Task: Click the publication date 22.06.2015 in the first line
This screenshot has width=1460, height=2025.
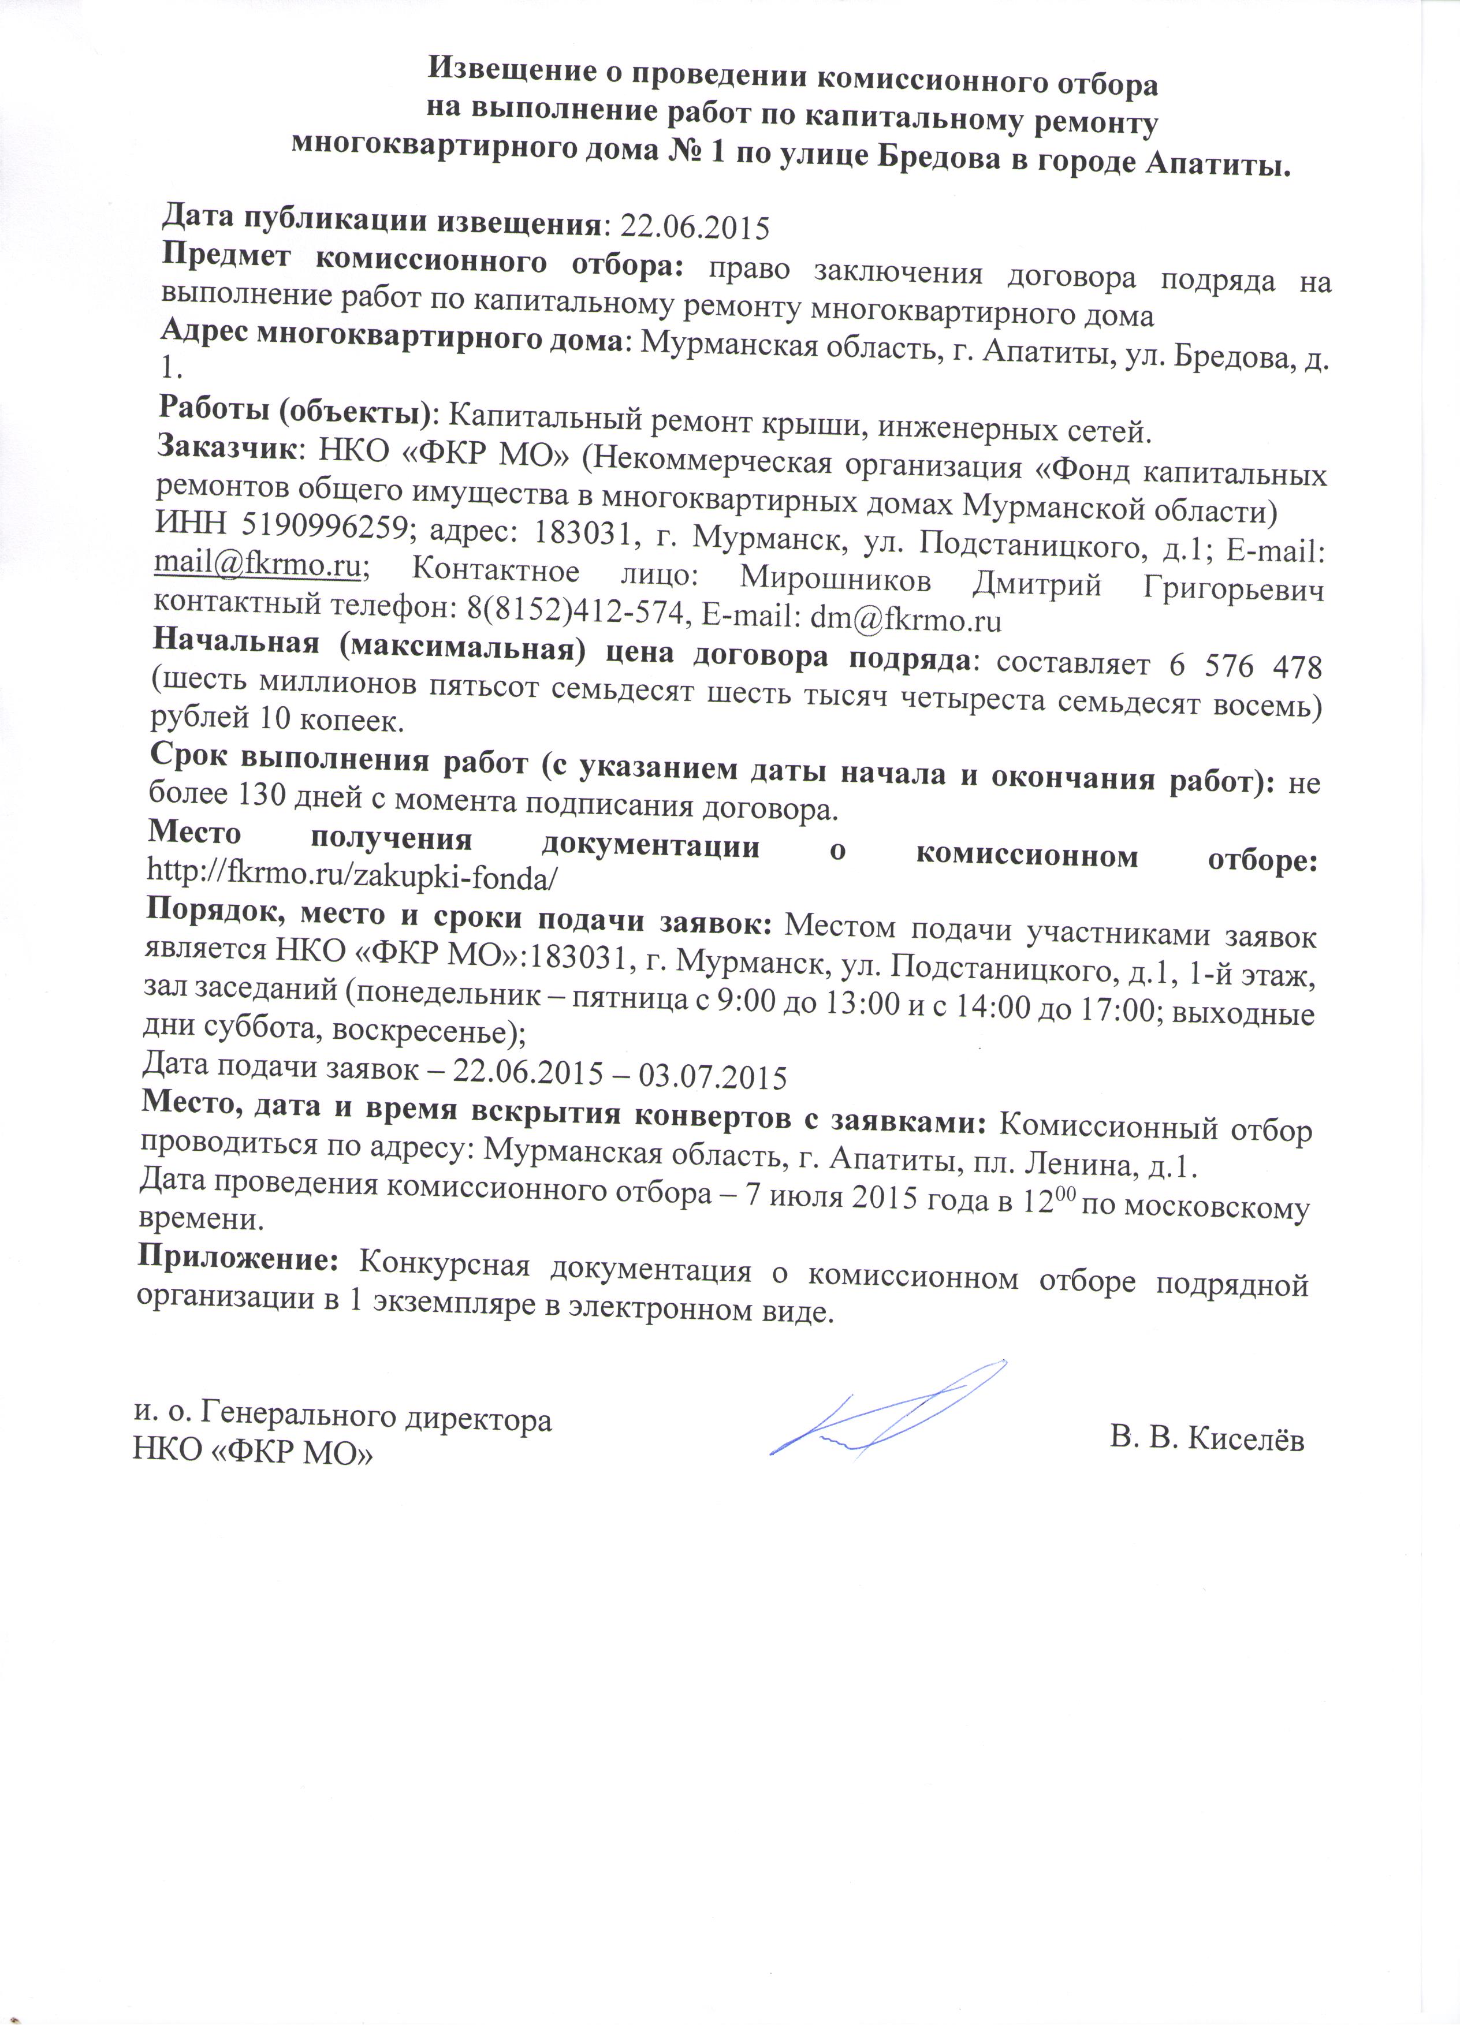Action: (695, 226)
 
